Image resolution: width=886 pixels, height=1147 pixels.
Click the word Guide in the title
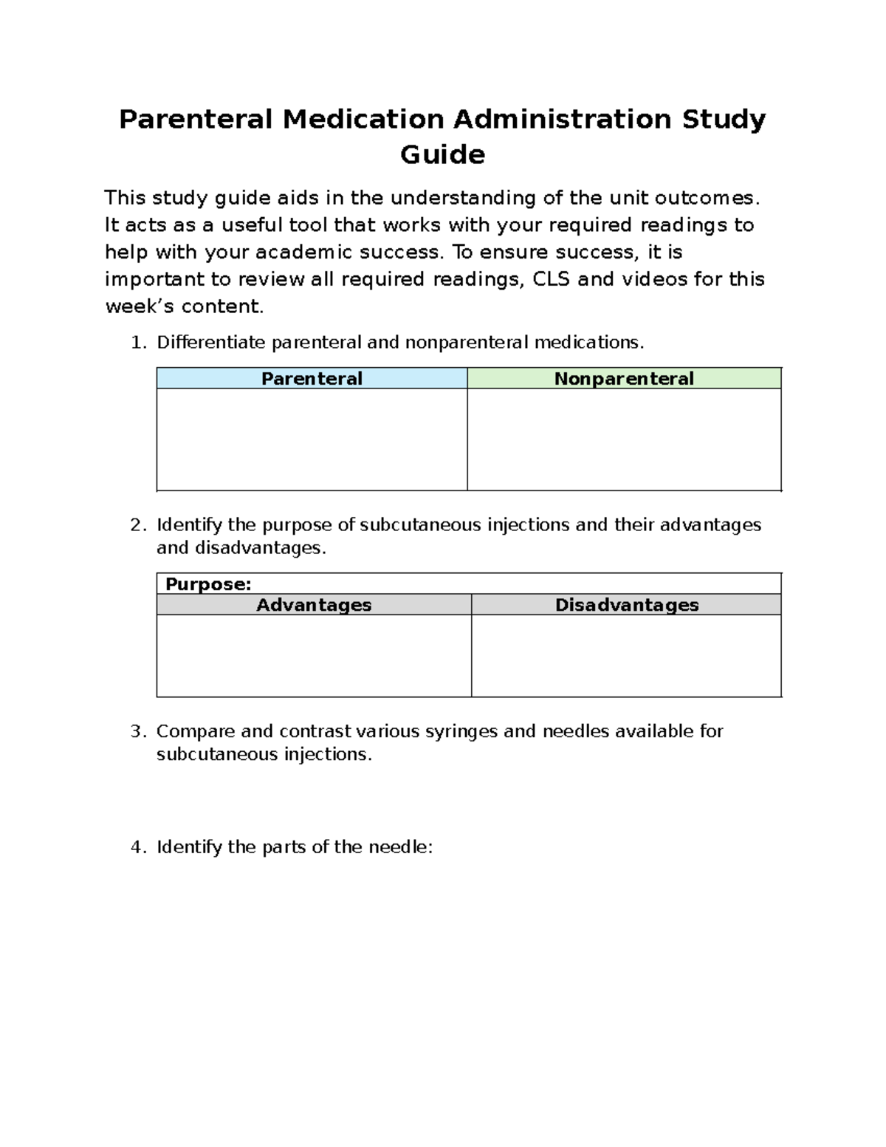[442, 155]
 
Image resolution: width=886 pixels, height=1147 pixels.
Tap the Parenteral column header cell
[312, 379]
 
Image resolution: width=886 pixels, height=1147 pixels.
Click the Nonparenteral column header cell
[624, 379]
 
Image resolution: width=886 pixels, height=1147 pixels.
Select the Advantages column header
[314, 605]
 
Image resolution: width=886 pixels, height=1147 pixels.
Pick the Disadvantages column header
[626, 605]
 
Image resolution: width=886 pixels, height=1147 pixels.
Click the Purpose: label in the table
[208, 584]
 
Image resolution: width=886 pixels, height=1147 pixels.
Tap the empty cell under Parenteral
[312, 439]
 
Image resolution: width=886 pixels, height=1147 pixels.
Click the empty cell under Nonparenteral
[624, 439]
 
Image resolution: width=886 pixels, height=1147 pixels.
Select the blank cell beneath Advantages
[314, 656]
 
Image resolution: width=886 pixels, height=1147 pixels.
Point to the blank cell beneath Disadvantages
[626, 656]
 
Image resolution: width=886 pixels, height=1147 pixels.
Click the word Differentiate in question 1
[212, 343]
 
